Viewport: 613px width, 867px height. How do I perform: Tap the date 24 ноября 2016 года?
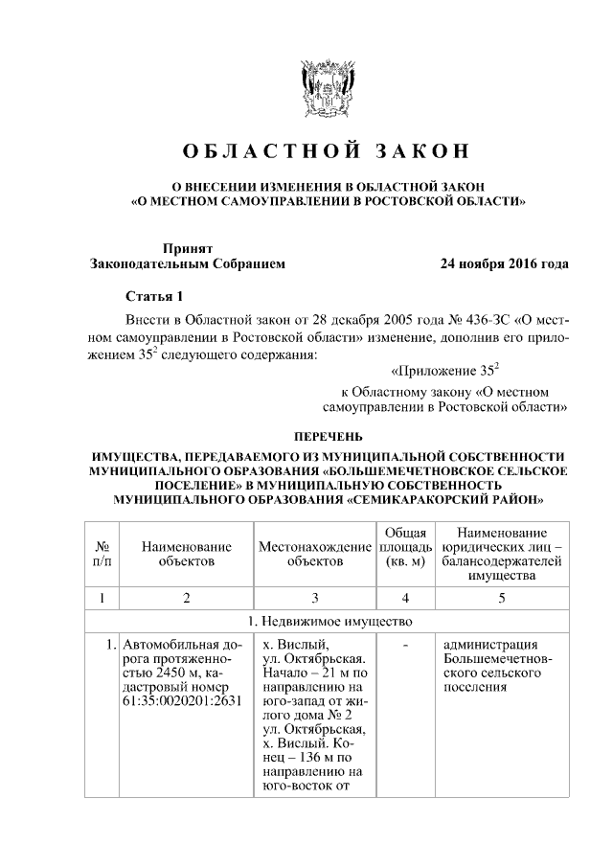click(504, 262)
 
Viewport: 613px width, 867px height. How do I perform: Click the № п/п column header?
click(102, 553)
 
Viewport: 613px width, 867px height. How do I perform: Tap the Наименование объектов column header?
click(186, 553)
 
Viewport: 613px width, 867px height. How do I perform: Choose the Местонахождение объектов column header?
click(314, 553)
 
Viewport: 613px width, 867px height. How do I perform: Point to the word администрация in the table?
click(491, 645)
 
